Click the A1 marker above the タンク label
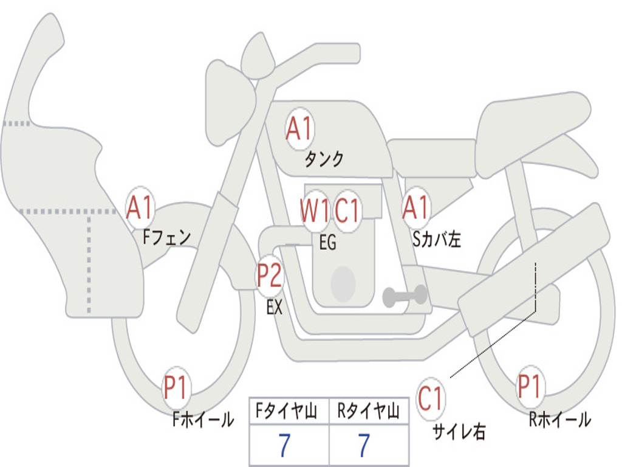[x=299, y=129]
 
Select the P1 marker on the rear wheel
[x=530, y=387]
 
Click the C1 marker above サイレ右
[x=431, y=399]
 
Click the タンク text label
[x=324, y=159]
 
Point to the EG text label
[x=327, y=243]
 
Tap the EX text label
[x=275, y=308]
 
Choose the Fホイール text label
[x=203, y=419]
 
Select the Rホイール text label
[x=559, y=419]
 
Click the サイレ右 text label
[x=459, y=432]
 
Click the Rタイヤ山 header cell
[x=368, y=412]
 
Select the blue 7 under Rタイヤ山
[x=364, y=446]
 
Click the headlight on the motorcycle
[x=227, y=100]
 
